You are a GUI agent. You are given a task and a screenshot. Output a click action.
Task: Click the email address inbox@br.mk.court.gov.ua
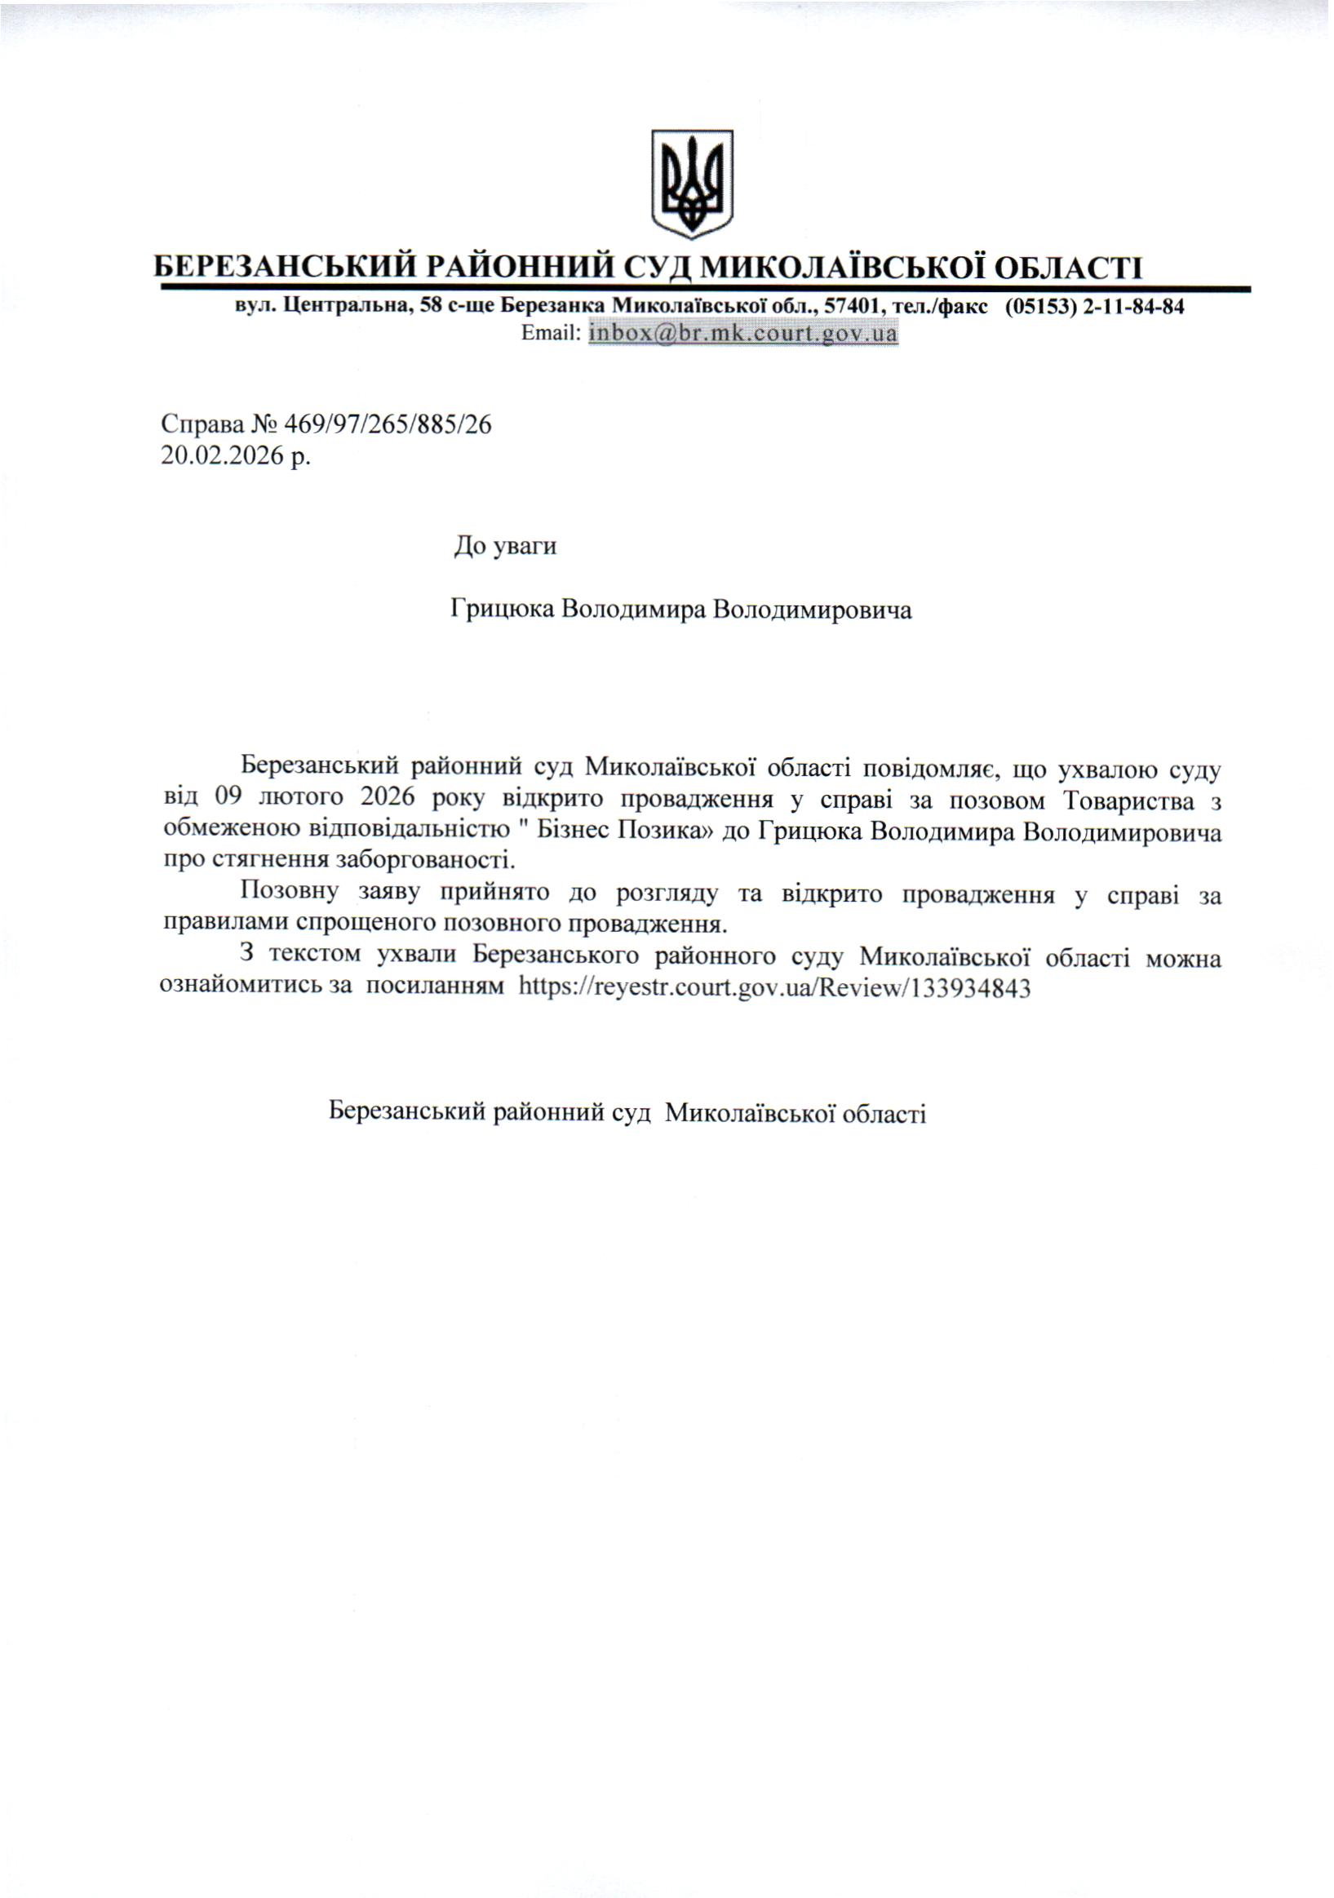[x=742, y=334]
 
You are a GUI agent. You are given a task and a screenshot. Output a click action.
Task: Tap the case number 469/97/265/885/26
[x=387, y=425]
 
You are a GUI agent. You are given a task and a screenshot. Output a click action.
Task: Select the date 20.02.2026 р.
[x=236, y=455]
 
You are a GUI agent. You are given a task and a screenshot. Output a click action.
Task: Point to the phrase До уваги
[x=505, y=547]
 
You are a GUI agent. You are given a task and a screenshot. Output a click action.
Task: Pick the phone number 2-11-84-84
[x=1133, y=307]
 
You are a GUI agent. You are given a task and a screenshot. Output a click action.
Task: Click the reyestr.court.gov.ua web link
[x=774, y=989]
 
